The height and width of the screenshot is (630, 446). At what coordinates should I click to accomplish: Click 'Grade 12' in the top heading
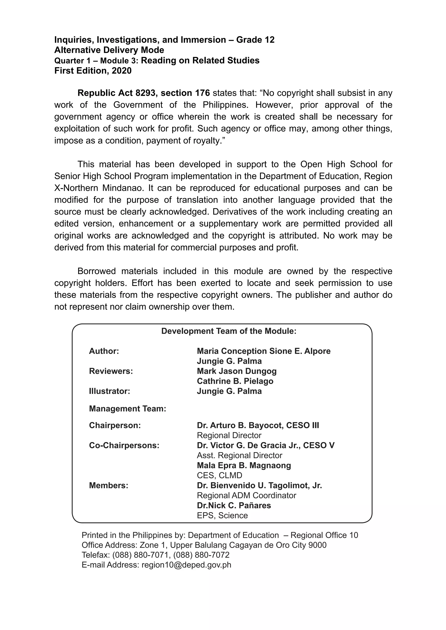(x=255, y=40)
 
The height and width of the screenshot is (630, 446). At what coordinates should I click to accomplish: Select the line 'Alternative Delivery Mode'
(x=109, y=50)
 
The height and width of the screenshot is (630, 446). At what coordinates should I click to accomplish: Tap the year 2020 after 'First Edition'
(x=122, y=70)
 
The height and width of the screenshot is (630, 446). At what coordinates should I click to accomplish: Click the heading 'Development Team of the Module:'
(x=229, y=331)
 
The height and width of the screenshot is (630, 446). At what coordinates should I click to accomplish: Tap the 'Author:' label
(x=104, y=351)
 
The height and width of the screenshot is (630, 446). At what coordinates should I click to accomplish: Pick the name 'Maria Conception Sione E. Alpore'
(x=264, y=351)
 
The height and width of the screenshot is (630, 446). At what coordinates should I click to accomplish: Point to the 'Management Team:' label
(x=127, y=409)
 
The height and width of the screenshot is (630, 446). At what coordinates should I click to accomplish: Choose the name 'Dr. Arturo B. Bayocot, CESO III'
(x=258, y=425)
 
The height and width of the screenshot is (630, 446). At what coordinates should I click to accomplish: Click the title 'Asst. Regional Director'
(x=240, y=455)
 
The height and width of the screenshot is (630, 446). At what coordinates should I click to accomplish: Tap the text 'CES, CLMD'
(x=220, y=475)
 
